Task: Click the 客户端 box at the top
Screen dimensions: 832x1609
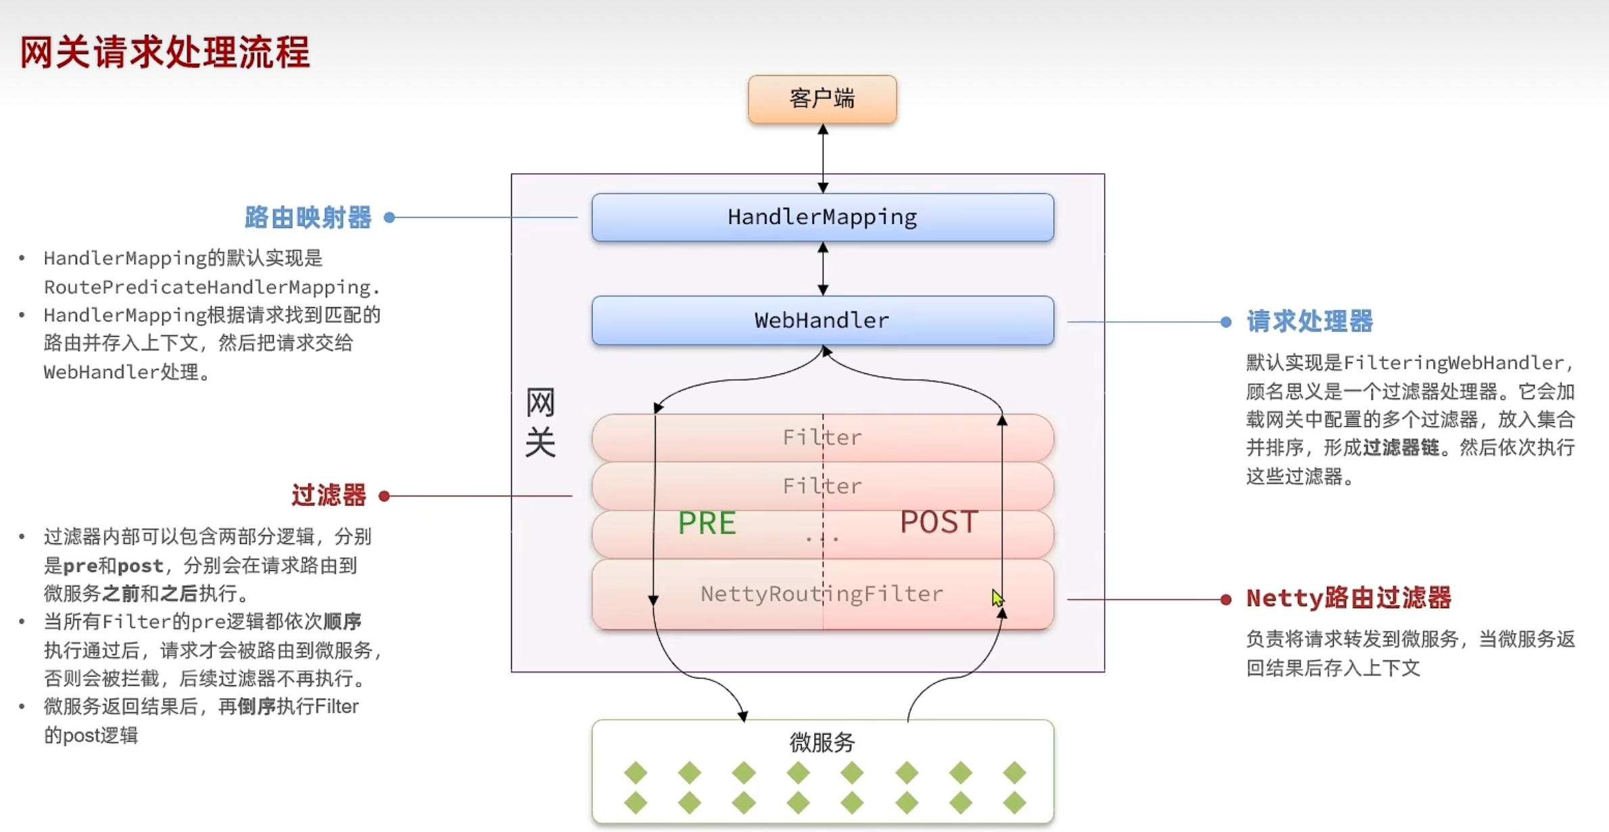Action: click(822, 99)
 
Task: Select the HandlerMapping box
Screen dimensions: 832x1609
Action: click(822, 217)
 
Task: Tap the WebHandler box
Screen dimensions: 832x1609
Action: click(822, 320)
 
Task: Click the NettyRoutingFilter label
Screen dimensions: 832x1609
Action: click(821, 594)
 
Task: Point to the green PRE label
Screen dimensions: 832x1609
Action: click(706, 523)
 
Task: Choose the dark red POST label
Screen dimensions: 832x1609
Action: click(939, 522)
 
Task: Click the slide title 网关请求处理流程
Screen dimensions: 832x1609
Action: click(165, 52)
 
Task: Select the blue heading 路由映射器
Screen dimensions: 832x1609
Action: click(308, 217)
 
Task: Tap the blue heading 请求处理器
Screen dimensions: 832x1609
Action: click(1310, 321)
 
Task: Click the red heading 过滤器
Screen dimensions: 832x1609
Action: click(329, 495)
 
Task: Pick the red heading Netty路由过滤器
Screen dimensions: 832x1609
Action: click(1349, 598)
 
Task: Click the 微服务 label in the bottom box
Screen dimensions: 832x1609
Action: click(822, 743)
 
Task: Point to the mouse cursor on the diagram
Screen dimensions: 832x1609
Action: click(997, 598)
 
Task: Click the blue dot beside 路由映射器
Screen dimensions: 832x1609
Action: click(389, 217)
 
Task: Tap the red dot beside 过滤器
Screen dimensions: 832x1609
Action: click(384, 496)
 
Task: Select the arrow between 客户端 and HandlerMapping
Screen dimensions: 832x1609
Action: click(823, 158)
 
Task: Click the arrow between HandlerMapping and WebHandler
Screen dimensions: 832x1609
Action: click(823, 269)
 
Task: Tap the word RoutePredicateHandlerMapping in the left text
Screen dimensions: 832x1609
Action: click(207, 287)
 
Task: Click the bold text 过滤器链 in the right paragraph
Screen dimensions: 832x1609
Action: click(1401, 448)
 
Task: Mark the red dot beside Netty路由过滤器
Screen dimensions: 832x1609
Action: click(1226, 599)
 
